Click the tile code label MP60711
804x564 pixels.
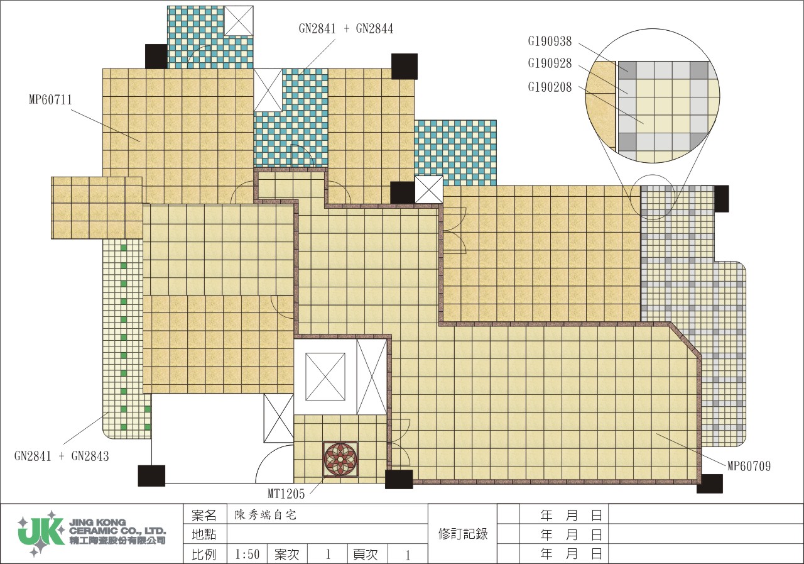[x=50, y=99]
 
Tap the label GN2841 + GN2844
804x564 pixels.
[x=346, y=28]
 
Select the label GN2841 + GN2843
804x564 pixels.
[x=62, y=456]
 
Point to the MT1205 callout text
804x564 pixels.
[x=286, y=494]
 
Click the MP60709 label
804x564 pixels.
[x=749, y=466]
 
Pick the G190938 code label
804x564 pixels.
[x=550, y=41]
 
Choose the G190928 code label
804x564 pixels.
[x=550, y=64]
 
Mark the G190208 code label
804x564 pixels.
[x=550, y=87]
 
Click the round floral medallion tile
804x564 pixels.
[x=340, y=459]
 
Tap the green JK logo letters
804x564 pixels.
[x=41, y=533]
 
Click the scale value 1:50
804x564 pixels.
[x=247, y=555]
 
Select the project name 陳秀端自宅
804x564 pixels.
[x=265, y=515]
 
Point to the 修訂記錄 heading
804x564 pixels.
[x=463, y=534]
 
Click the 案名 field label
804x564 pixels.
[x=204, y=516]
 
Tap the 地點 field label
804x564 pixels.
[x=204, y=534]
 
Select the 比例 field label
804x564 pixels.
[x=204, y=555]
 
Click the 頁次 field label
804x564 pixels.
[x=366, y=555]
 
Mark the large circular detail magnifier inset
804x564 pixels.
[x=653, y=96]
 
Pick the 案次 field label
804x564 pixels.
[x=286, y=555]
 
